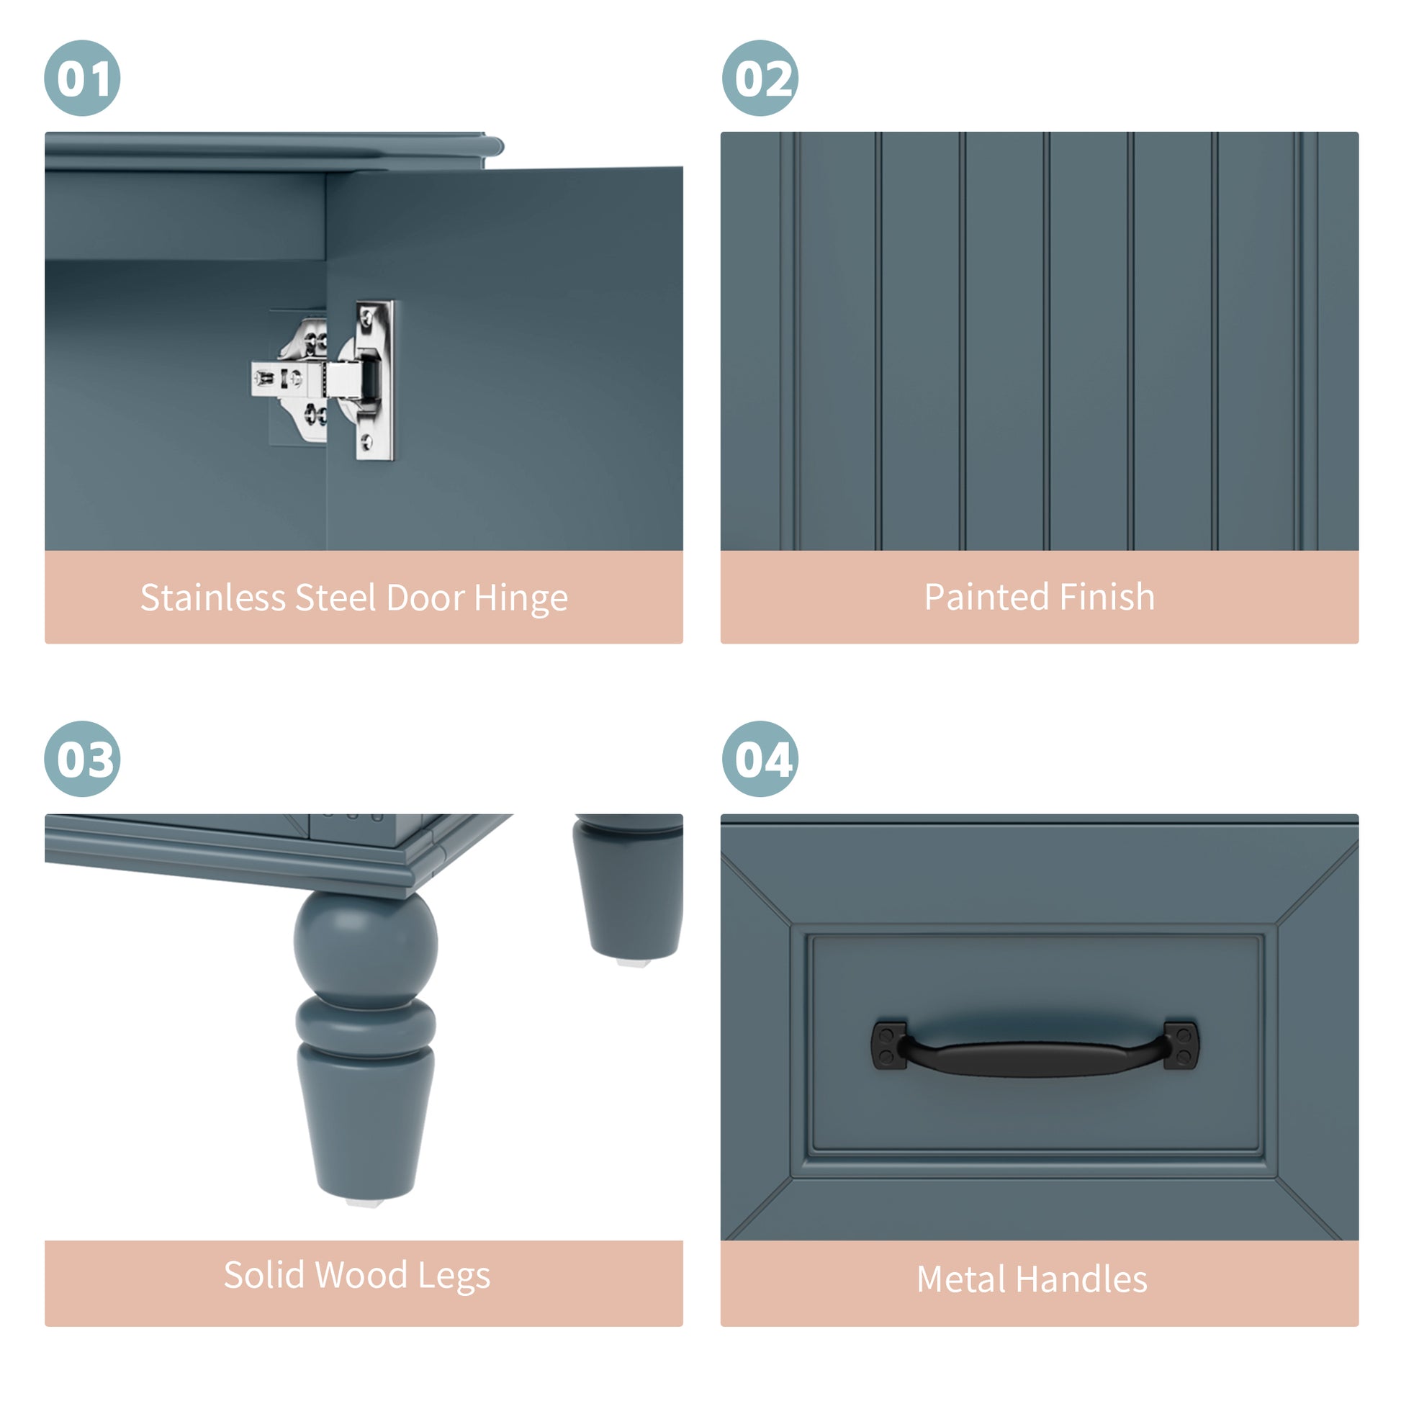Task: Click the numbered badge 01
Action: pyautogui.click(x=82, y=78)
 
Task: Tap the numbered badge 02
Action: pyautogui.click(x=760, y=78)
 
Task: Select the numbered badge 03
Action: pyautogui.click(x=82, y=759)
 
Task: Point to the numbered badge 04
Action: pyautogui.click(x=760, y=759)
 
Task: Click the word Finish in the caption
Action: pyautogui.click(x=1107, y=597)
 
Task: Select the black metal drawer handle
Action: pyautogui.click(x=1035, y=1046)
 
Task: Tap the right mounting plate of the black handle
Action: pyautogui.click(x=1181, y=1045)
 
